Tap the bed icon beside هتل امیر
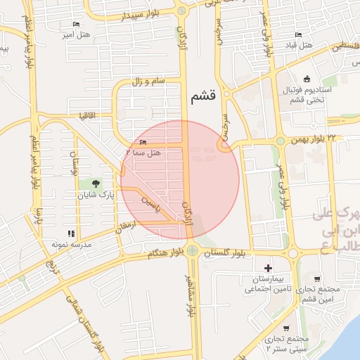pos(76,24)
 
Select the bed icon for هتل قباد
pos(298,34)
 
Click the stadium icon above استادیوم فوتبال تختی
pos(307,79)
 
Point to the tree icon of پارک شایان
pos(105,184)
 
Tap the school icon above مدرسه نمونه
pos(70,233)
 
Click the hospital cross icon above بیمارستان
pos(267,268)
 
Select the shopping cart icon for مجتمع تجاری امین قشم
pos(317,278)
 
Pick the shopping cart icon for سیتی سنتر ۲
pos(287,328)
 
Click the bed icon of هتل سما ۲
pos(143,143)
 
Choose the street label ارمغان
pos(124,224)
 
